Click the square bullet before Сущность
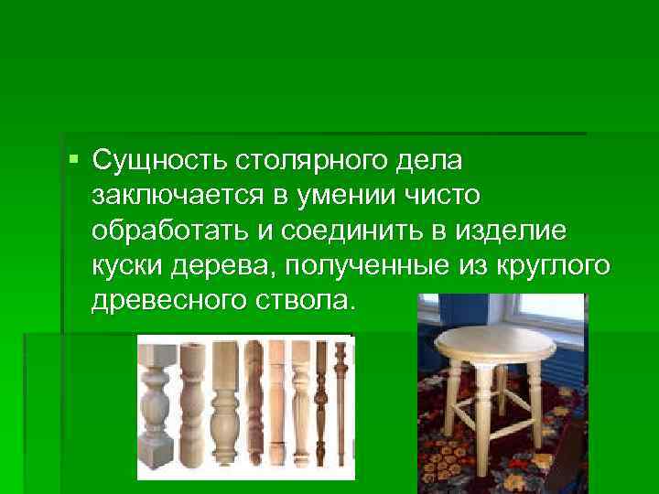[73, 161]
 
